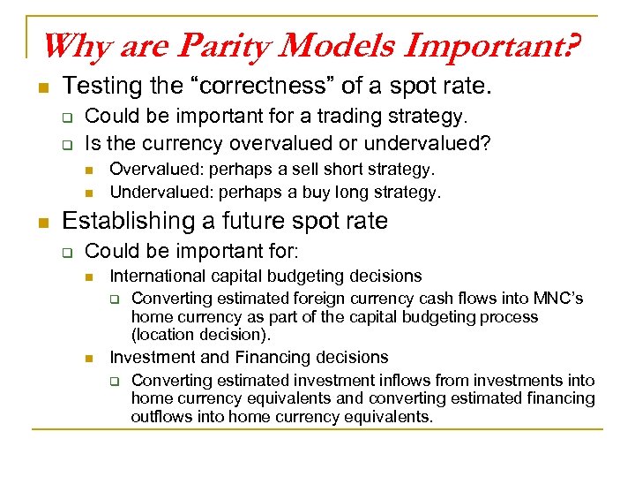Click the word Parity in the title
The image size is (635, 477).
pos(217,45)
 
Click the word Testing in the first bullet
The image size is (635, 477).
pos(99,87)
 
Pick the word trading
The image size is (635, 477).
pos(332,117)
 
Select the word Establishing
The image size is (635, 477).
pos(118,221)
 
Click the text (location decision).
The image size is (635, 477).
pos(201,336)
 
